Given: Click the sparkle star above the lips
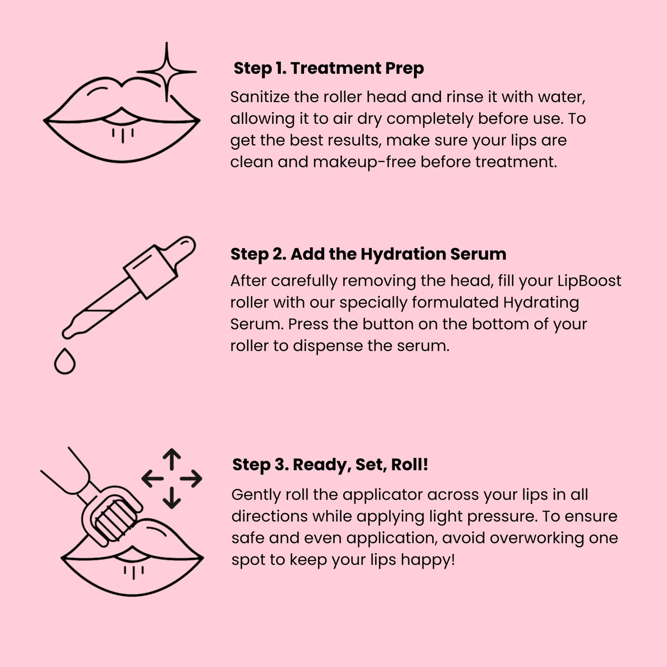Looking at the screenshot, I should tap(167, 72).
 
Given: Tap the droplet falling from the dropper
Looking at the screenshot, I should tap(65, 362).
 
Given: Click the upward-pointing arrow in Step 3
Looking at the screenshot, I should tap(172, 458).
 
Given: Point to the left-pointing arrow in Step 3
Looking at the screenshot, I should tap(152, 478).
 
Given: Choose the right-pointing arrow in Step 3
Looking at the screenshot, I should tap(191, 478).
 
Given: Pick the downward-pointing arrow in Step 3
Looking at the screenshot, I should tap(172, 498).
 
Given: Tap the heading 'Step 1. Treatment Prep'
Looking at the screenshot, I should tap(328, 68).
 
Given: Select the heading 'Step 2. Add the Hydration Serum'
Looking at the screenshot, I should tap(368, 254).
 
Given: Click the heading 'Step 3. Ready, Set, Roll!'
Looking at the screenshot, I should tap(330, 464).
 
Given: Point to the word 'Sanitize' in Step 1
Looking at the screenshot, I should tap(259, 97).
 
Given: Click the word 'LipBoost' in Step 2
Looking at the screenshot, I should tap(589, 281).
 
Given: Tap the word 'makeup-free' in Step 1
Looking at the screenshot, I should tap(364, 162).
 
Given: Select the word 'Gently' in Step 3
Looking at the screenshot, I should tap(255, 495).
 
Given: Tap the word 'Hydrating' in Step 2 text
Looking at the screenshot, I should tap(541, 303).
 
